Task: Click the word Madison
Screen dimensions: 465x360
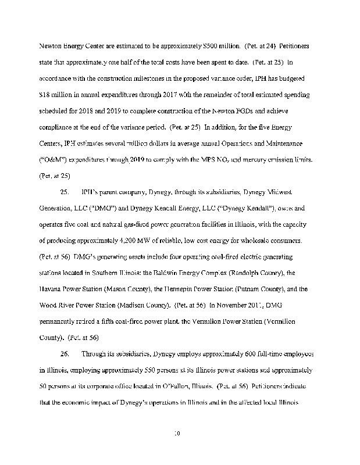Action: pyautogui.click(x=133, y=305)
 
